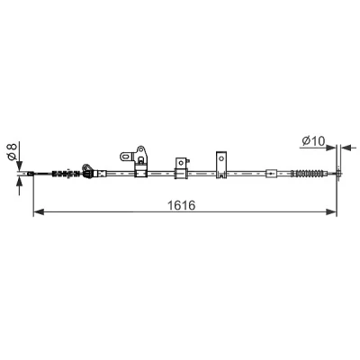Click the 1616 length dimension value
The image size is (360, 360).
pyautogui.click(x=181, y=205)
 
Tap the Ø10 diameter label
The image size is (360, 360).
pyautogui.click(x=313, y=140)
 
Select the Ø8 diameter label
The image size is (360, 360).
pyautogui.click(x=12, y=151)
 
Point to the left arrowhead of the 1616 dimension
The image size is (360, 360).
pyautogui.click(x=39, y=212)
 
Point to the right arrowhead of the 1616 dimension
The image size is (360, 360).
pyautogui.click(x=331, y=212)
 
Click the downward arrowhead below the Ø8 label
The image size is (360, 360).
pyautogui.click(x=20, y=166)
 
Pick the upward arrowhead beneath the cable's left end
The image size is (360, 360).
pyautogui.click(x=20, y=181)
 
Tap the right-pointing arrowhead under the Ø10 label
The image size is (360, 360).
pyautogui.click(x=330, y=148)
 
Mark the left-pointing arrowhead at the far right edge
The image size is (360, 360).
pyautogui.click(x=346, y=148)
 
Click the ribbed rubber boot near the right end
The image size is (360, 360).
pyautogui.click(x=309, y=174)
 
